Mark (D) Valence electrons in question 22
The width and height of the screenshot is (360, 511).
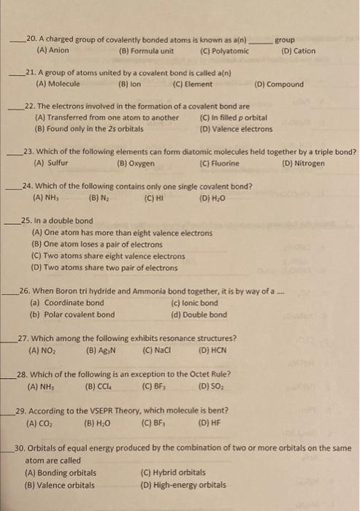pos(236,128)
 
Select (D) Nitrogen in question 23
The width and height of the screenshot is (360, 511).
pos(304,163)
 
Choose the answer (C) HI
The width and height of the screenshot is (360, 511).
pos(153,197)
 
